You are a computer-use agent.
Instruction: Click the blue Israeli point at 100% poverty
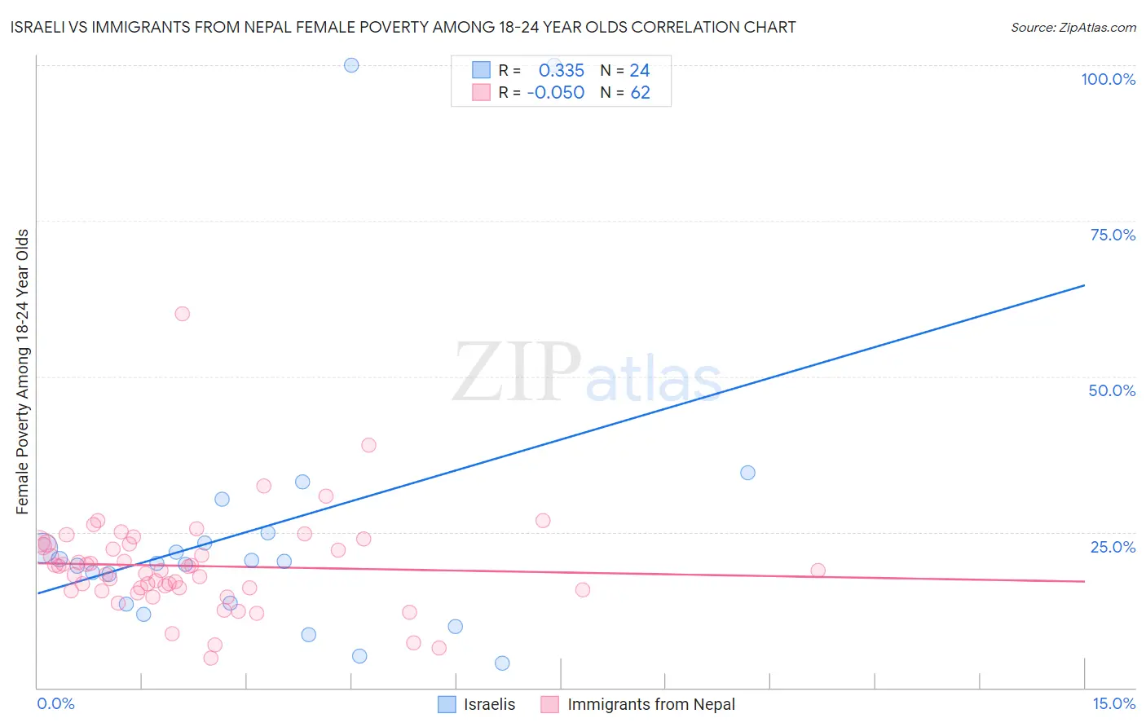351,65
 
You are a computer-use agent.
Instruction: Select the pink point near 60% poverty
183,314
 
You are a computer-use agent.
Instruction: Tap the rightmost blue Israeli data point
747,473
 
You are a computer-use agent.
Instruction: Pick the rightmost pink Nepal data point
818,571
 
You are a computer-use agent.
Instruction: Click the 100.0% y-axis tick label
1108,79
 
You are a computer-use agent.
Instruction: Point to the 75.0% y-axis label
1113,235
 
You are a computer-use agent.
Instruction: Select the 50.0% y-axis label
1112,390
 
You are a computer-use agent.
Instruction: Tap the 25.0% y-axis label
1113,546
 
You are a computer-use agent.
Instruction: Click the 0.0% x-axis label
55,703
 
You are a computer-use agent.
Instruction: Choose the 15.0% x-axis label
1113,703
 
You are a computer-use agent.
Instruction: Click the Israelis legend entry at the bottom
489,704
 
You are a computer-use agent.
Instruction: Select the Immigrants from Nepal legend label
650,704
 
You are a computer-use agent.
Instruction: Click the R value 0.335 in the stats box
562,71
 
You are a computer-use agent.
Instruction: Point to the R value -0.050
556,93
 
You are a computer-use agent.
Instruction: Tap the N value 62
641,93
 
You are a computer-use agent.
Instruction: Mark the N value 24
640,71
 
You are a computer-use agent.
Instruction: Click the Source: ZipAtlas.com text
1073,27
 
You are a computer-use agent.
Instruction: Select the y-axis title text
23,372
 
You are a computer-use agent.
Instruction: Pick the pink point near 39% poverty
368,445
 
